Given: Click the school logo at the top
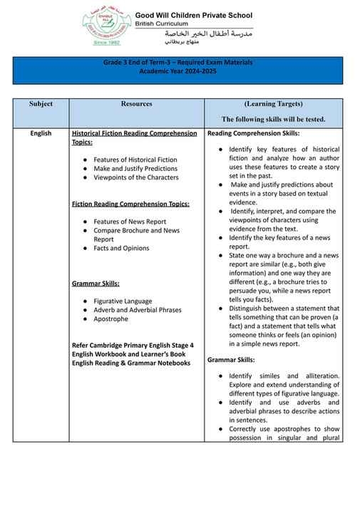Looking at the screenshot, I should [x=106, y=25].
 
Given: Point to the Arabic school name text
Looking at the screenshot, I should [x=208, y=33].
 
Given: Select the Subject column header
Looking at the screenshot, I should [x=41, y=104].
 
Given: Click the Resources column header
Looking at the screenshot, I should [x=136, y=104].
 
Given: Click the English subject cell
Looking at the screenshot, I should [x=41, y=133].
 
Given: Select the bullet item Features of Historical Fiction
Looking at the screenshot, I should [x=135, y=160].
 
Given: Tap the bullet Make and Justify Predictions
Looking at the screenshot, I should [x=136, y=169].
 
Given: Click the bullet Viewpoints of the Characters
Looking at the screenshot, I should [x=136, y=177].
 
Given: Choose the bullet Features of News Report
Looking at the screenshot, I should [x=130, y=222].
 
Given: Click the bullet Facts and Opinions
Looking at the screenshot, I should [x=121, y=248].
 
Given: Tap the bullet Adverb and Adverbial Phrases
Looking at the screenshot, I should [x=138, y=310].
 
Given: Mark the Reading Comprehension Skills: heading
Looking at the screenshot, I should [x=254, y=133].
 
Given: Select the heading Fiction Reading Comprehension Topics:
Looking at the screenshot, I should [x=131, y=204].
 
